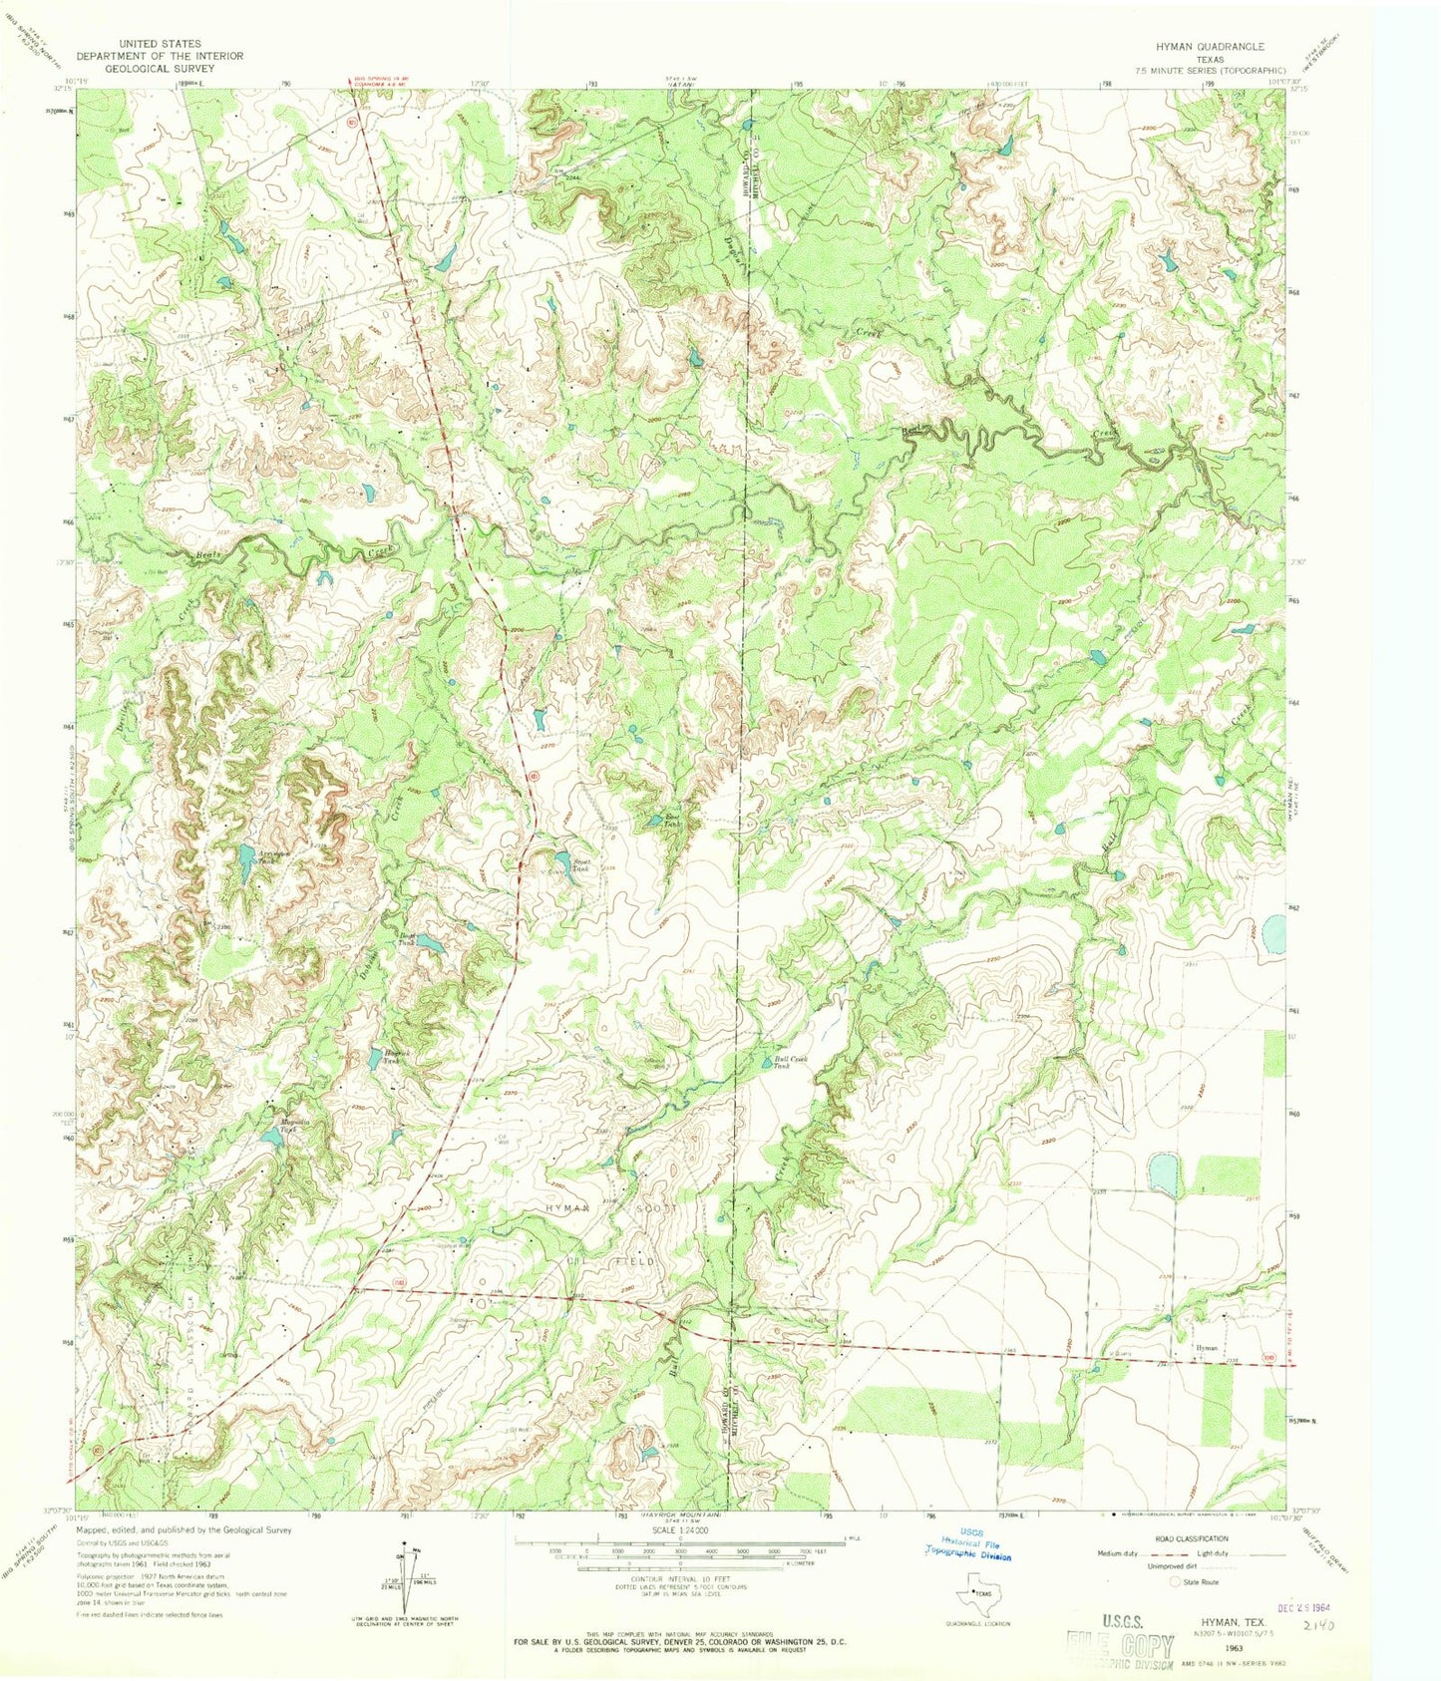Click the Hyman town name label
click(1207, 1347)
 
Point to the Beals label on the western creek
click(207, 553)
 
